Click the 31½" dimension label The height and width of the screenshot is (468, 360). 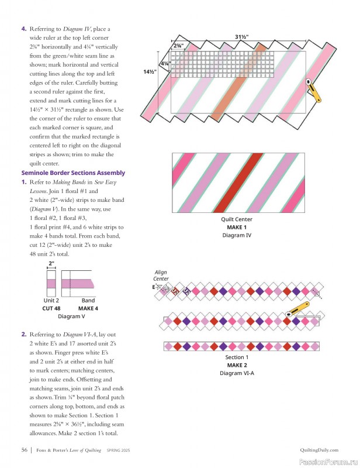pyautogui.click(x=242, y=37)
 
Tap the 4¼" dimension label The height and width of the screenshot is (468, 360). pyautogui.click(x=165, y=64)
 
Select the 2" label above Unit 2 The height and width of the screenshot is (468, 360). pyautogui.click(x=51, y=264)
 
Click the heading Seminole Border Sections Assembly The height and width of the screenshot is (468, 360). pyautogui.click(x=73, y=173)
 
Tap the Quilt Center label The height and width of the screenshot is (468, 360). pyautogui.click(x=237, y=220)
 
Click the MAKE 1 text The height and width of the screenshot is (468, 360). pyautogui.click(x=237, y=228)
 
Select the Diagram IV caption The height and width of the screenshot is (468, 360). pyautogui.click(x=237, y=235)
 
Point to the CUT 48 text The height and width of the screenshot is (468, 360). pyautogui.click(x=51, y=308)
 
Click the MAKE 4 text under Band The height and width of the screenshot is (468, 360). pyautogui.click(x=88, y=308)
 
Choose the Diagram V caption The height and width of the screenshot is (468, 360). pyautogui.click(x=71, y=316)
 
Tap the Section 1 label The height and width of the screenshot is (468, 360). pyautogui.click(x=237, y=357)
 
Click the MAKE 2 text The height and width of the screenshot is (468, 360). pyautogui.click(x=237, y=365)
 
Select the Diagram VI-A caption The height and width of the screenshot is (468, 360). pyautogui.click(x=237, y=373)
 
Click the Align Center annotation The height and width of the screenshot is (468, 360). pyautogui.click(x=161, y=276)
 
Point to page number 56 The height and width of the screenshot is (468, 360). pyautogui.click(x=25, y=450)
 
